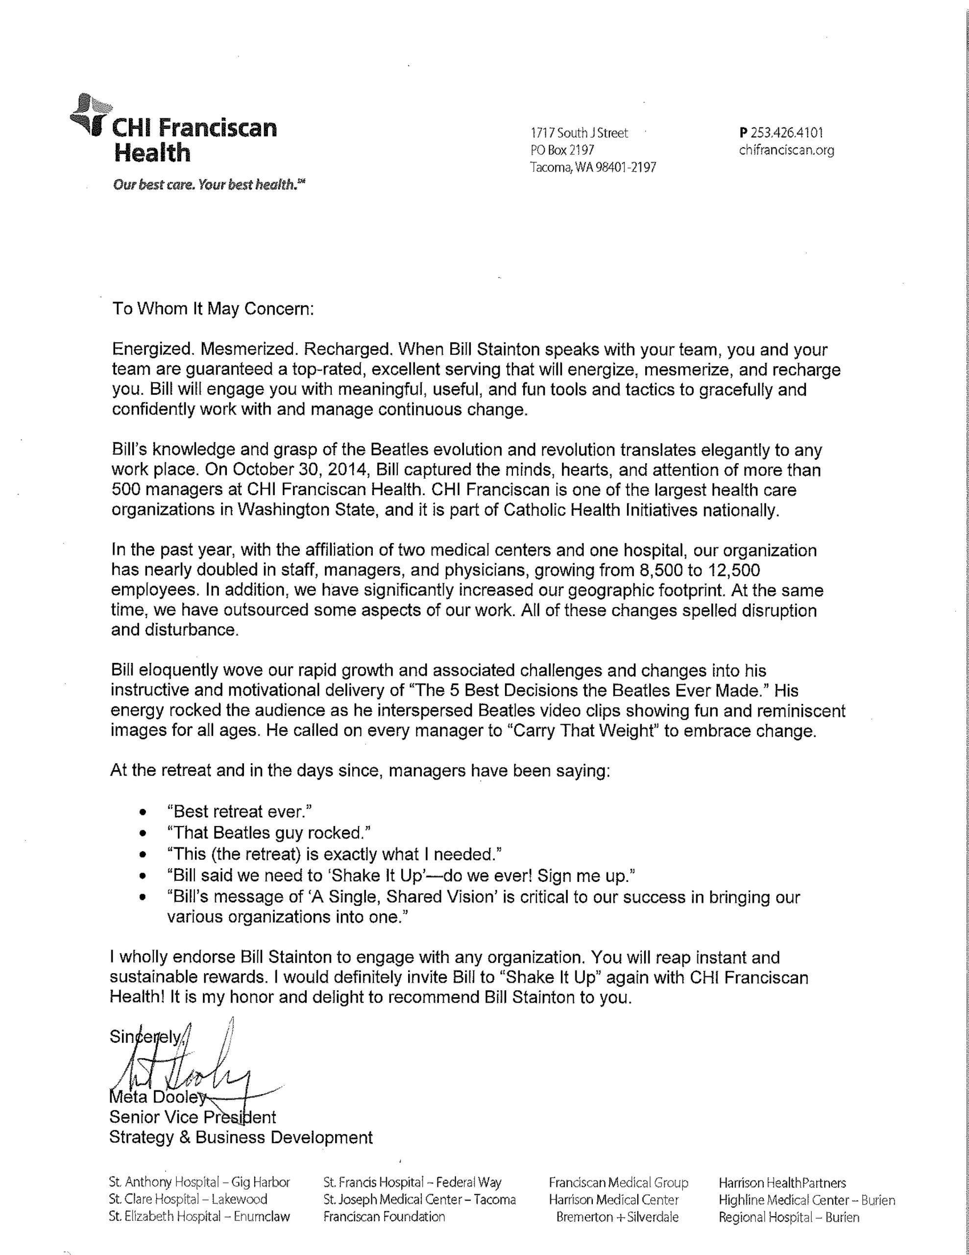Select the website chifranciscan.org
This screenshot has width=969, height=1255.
(x=786, y=151)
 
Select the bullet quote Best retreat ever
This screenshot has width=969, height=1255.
(x=239, y=811)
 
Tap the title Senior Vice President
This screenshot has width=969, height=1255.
(x=193, y=1117)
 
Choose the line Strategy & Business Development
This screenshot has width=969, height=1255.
(x=241, y=1137)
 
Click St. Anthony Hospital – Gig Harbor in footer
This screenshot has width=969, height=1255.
(x=199, y=1182)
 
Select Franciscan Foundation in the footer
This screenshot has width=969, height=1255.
(x=384, y=1216)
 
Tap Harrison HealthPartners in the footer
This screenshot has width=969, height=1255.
(x=782, y=1182)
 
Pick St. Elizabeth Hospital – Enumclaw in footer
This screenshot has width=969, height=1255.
(x=199, y=1216)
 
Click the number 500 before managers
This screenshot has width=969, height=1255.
(x=126, y=490)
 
